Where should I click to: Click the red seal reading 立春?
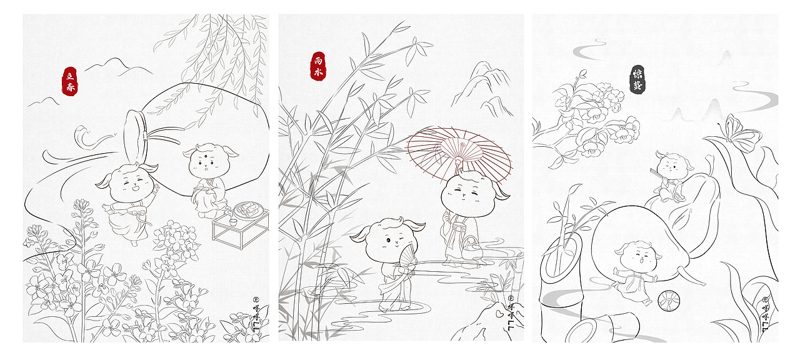(70, 81)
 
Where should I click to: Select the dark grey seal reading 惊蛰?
(637, 79)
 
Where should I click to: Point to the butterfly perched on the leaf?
(741, 134)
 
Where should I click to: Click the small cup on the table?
(231, 219)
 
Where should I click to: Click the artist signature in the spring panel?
(256, 316)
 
